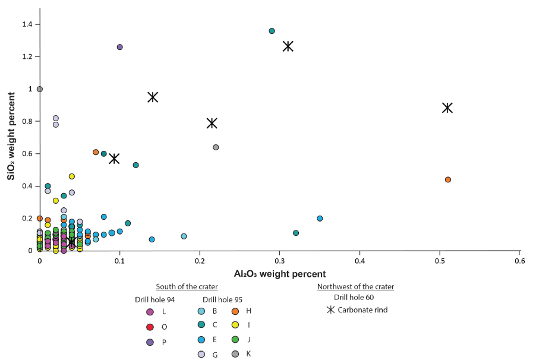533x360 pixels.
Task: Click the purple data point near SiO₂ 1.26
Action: (119, 47)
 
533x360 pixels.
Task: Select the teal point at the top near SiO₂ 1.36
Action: (272, 31)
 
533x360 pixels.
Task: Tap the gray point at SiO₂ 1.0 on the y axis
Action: (40, 89)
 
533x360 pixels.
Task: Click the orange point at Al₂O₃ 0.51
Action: (448, 179)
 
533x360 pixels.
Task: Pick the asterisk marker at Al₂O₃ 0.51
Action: (447, 108)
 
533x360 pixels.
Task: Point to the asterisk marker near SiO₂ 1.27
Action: (288, 46)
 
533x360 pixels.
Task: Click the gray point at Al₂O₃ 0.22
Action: (216, 147)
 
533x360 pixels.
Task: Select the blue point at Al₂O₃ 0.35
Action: (320, 219)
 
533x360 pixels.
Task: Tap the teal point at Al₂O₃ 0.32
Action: (296, 233)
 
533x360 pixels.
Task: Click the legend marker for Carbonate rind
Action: (330, 310)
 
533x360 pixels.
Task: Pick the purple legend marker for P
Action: (150, 342)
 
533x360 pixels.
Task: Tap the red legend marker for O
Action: (150, 327)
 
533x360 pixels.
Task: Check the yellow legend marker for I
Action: (235, 325)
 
